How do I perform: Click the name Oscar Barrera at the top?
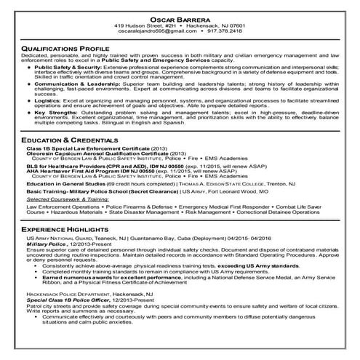pos(180,19)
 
